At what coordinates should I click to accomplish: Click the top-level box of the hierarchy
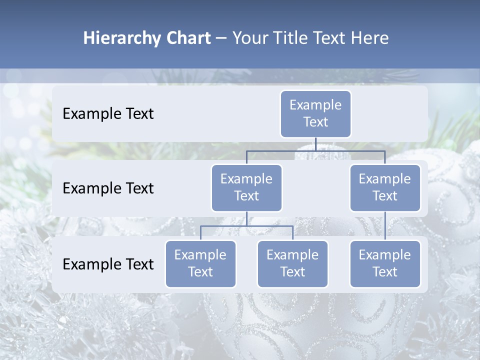pyautogui.click(x=315, y=114)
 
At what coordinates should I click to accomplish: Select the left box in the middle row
pyautogui.click(x=246, y=188)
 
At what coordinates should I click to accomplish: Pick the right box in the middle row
pyautogui.click(x=385, y=188)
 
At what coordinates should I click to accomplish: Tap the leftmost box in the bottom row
pyautogui.click(x=200, y=264)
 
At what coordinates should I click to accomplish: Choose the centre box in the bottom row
pyautogui.click(x=292, y=264)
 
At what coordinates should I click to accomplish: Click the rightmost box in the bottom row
pyautogui.click(x=385, y=264)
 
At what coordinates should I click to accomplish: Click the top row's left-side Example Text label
pyautogui.click(x=108, y=114)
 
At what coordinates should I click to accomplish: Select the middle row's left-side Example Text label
pyautogui.click(x=108, y=188)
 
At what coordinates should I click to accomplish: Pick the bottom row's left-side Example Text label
pyautogui.click(x=108, y=264)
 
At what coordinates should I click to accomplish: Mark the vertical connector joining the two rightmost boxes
pyautogui.click(x=385, y=226)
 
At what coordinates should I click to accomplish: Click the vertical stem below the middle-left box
pyautogui.click(x=246, y=218)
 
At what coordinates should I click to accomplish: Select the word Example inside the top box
pyautogui.click(x=315, y=105)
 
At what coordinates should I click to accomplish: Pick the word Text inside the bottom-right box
pyautogui.click(x=385, y=272)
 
